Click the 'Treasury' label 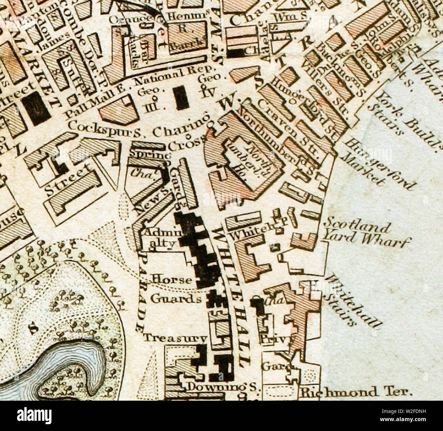pos(175,338)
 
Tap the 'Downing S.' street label pos(224,387)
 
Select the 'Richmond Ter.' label pos(355,392)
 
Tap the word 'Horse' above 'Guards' pos(172,280)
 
